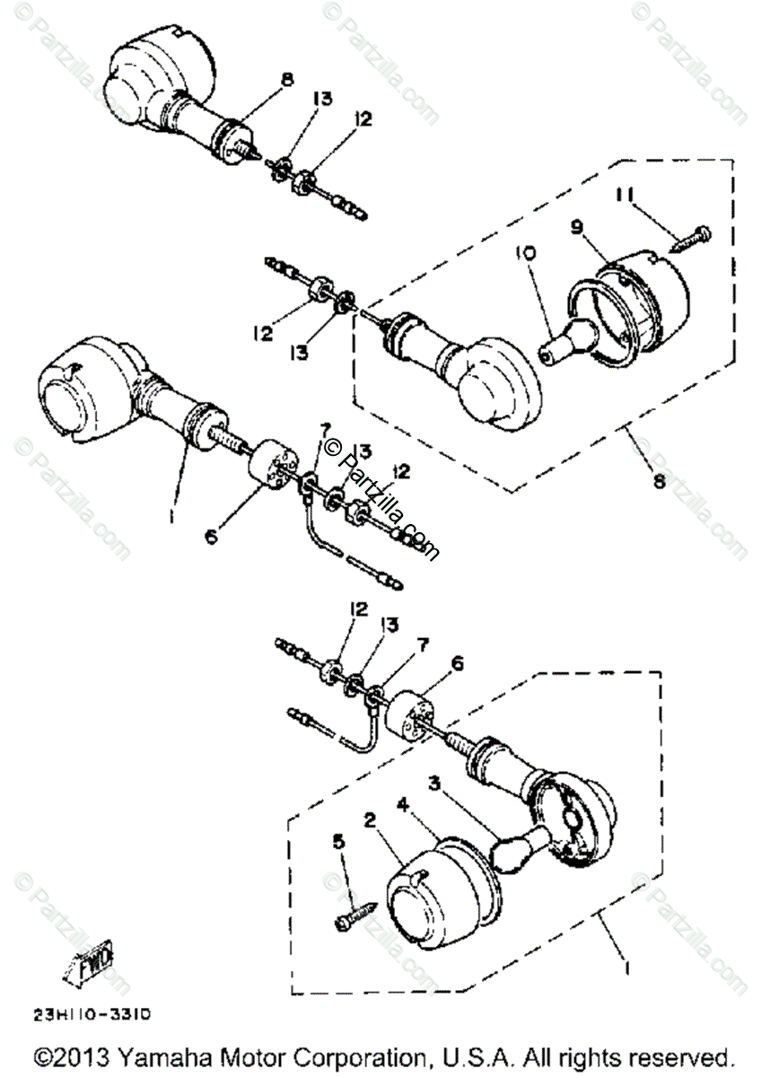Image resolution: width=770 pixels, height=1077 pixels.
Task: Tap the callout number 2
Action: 369,819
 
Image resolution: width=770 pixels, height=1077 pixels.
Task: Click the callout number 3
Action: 434,783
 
